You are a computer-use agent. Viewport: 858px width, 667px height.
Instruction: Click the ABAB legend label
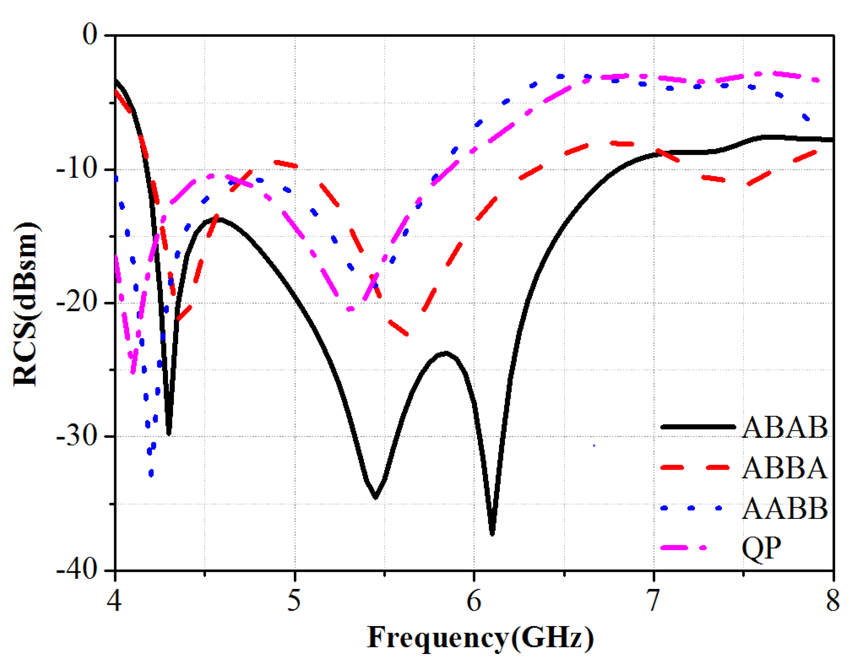click(x=785, y=427)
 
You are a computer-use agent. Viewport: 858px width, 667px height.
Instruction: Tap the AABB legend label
click(x=785, y=508)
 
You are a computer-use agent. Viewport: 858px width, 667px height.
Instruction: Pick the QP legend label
click(x=761, y=548)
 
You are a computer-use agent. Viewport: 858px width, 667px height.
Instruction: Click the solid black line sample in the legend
click(x=698, y=427)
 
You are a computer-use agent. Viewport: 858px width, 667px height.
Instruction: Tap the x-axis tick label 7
click(x=653, y=601)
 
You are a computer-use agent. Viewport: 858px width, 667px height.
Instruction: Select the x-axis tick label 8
click(x=832, y=601)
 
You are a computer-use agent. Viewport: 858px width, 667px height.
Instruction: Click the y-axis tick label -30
click(x=77, y=436)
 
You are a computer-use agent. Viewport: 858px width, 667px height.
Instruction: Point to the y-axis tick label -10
click(x=77, y=170)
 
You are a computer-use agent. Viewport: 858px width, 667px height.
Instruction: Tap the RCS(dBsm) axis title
click(x=26, y=305)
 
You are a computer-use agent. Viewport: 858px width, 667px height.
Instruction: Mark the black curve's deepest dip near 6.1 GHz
click(x=492, y=533)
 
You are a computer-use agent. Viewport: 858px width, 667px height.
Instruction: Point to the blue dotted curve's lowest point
click(x=151, y=473)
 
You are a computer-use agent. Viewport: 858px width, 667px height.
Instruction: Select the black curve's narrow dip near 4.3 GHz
click(x=169, y=433)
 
